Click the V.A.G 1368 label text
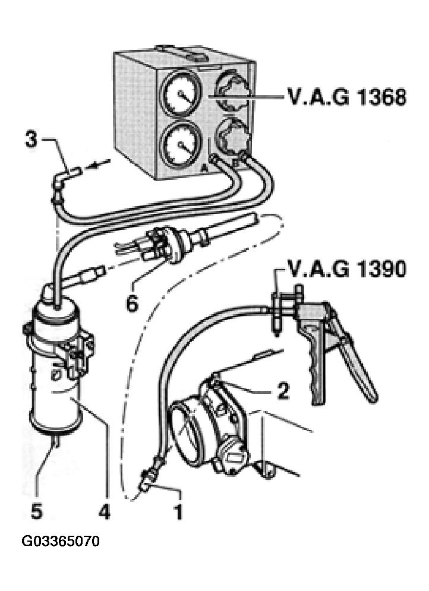(347, 97)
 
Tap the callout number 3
(31, 140)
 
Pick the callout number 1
(178, 511)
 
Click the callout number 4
(105, 511)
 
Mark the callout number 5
(37, 511)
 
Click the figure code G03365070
(61, 541)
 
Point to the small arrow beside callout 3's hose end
(97, 163)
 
